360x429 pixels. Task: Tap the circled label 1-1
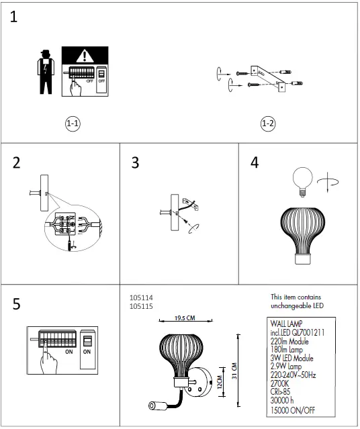click(x=73, y=124)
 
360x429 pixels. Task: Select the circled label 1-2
click(x=267, y=124)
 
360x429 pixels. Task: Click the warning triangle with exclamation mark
click(x=85, y=58)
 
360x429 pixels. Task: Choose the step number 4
click(x=254, y=163)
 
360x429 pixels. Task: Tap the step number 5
click(x=17, y=304)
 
